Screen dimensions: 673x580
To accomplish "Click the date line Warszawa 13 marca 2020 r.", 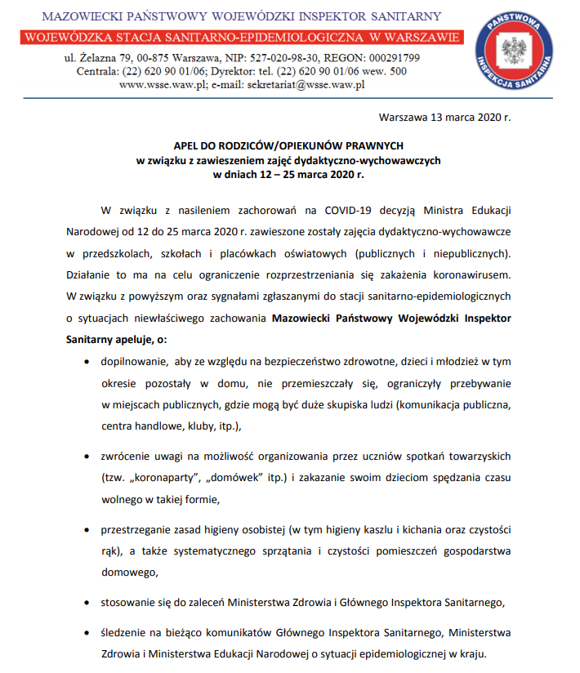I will click(x=444, y=117).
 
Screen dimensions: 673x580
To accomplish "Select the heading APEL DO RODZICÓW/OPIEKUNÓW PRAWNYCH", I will click(x=288, y=146).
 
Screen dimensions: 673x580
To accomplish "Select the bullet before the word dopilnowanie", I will click(x=88, y=361).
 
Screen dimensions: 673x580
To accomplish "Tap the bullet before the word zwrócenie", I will click(x=88, y=455).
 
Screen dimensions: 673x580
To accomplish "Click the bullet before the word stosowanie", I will click(x=88, y=604).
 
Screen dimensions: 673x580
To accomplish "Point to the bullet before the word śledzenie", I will click(x=88, y=633).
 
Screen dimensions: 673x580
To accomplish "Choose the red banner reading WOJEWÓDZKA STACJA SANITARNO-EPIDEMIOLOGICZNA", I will click(x=243, y=38).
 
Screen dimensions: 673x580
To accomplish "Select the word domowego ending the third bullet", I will click(x=129, y=573).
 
